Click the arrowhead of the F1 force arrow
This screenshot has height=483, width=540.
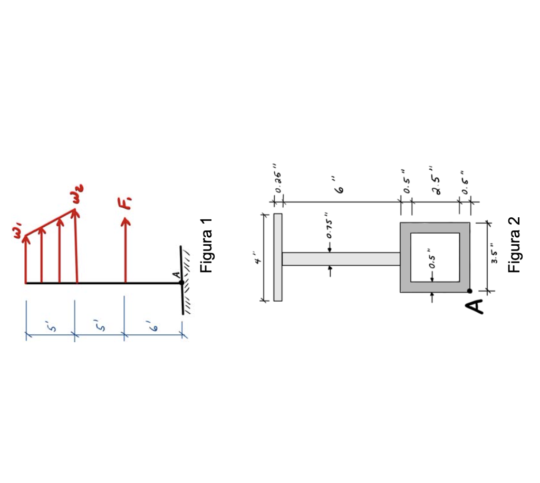click(126, 222)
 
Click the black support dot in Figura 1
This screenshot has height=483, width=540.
click(181, 283)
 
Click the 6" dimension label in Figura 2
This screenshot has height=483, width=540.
click(340, 188)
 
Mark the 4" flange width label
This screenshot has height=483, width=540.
click(258, 261)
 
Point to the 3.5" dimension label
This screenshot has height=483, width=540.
click(495, 256)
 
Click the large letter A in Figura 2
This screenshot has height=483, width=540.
click(476, 306)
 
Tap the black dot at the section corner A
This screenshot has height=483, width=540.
click(469, 291)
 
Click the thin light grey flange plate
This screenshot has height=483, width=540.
click(278, 257)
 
